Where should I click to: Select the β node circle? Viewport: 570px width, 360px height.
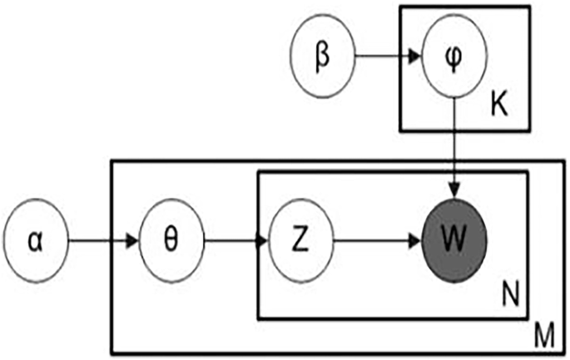[322, 58]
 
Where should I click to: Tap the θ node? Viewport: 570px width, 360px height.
[171, 242]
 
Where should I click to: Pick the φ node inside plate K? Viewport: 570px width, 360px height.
[452, 58]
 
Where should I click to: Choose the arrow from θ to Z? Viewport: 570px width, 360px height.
[235, 242]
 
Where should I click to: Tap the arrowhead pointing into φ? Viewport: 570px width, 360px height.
[413, 58]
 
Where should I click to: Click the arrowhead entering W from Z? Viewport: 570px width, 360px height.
[414, 242]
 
